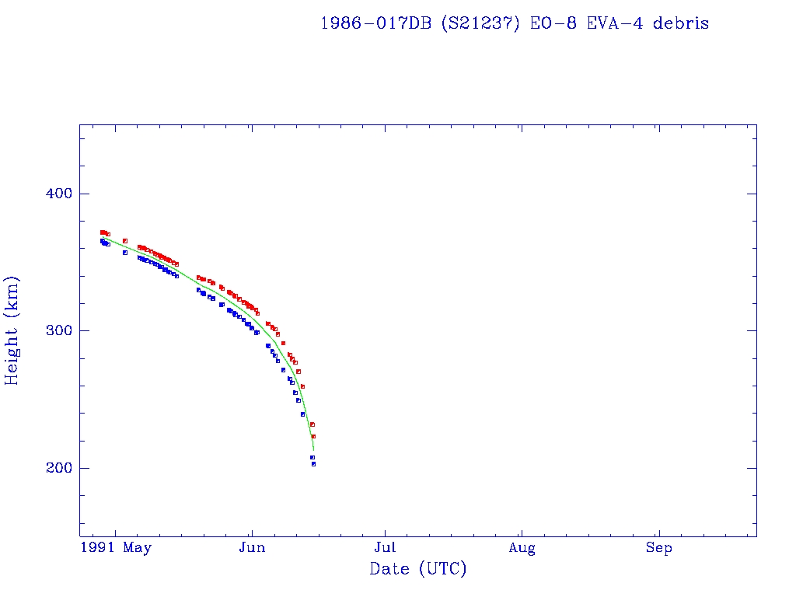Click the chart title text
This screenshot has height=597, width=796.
click(x=515, y=23)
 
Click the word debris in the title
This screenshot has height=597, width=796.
click(x=680, y=23)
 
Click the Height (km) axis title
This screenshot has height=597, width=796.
click(x=12, y=330)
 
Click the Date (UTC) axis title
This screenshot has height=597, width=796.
click(x=418, y=570)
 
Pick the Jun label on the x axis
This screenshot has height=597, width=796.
click(x=252, y=548)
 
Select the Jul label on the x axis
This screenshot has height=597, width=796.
click(x=386, y=548)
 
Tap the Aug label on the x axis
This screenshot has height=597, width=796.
click(x=522, y=548)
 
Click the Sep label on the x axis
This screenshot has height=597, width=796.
click(x=659, y=548)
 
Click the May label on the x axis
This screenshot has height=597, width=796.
click(x=137, y=548)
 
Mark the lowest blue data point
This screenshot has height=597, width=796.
click(x=313, y=464)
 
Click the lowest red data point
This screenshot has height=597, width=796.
click(x=313, y=436)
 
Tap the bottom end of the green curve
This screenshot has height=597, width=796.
click(x=313, y=450)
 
